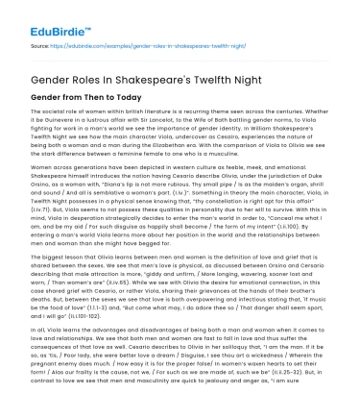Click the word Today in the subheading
point(129,98)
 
